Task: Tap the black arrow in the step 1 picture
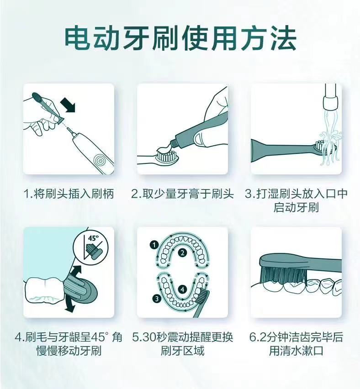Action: [x=69, y=106]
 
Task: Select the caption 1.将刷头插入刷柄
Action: [x=69, y=194]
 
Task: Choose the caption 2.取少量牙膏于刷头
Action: [x=182, y=194]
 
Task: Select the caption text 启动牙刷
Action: [x=296, y=208]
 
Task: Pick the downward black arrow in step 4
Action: [x=69, y=303]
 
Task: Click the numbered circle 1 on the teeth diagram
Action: [x=155, y=245]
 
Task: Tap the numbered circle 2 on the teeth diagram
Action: [x=182, y=252]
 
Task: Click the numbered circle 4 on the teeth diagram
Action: [x=182, y=289]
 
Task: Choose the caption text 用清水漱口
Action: [x=296, y=352]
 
